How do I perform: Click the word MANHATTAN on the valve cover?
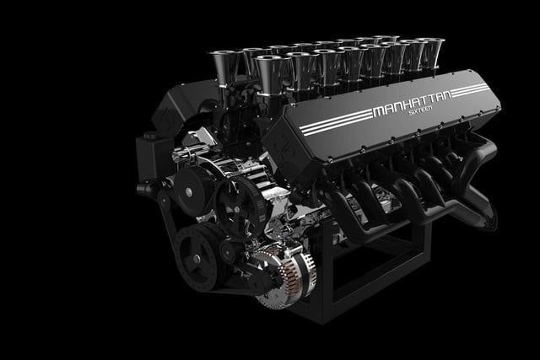tap(412, 102)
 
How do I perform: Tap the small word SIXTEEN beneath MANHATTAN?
tap(420, 111)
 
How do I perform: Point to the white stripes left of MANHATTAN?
tap(336, 122)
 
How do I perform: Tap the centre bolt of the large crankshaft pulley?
tap(197, 259)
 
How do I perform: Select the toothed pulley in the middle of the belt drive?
tap(239, 206)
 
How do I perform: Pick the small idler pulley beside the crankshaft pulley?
tap(228, 252)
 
